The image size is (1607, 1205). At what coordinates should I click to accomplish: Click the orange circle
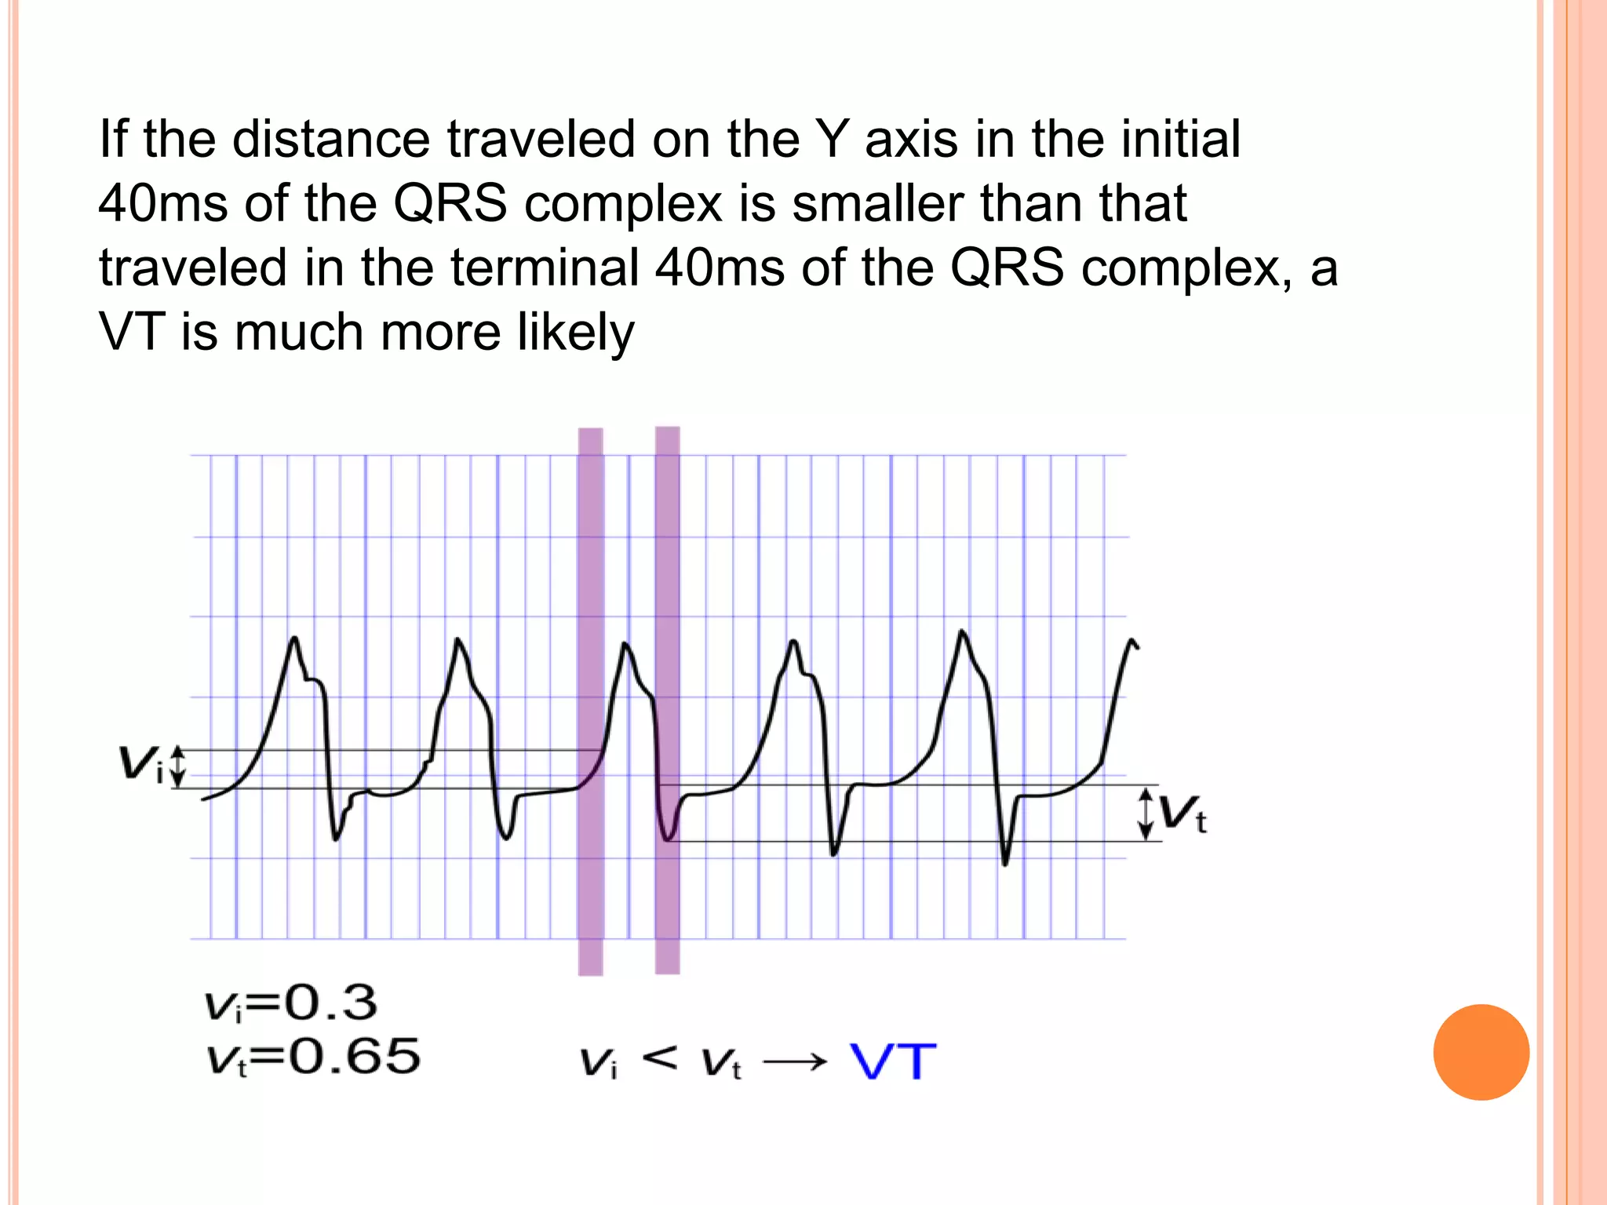coord(1481,1052)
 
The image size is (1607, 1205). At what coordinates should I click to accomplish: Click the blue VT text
coord(893,1062)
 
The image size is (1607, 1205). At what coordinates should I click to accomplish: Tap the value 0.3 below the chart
coord(330,1003)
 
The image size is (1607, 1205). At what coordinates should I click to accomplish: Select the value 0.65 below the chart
coord(354,1056)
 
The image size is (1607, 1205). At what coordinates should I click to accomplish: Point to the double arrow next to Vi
coord(178,766)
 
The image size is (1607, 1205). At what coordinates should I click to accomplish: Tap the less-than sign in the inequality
coord(659,1058)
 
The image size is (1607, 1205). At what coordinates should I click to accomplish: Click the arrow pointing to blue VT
coord(795,1062)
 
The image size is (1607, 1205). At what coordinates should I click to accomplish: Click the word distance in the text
coord(330,140)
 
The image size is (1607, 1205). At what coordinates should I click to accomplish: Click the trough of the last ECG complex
coord(1005,865)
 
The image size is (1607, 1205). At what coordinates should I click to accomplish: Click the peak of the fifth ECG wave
coord(962,632)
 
